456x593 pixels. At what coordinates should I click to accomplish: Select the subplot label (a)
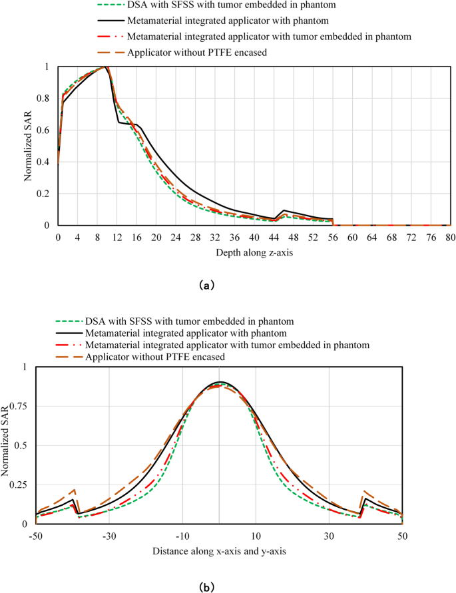[207, 284]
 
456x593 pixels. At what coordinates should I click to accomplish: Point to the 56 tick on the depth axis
[333, 238]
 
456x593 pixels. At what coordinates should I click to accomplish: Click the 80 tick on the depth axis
[450, 238]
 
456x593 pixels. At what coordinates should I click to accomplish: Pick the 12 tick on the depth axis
[117, 238]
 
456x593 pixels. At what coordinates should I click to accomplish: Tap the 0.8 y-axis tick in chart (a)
[46, 99]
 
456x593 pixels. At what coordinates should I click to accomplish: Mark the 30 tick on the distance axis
[329, 536]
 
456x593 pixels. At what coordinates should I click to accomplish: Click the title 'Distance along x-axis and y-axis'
[219, 551]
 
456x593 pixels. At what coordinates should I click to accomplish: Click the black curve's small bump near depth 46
[284, 210]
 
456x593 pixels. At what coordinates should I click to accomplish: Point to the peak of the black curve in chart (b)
[220, 382]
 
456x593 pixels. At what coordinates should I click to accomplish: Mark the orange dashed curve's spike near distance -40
[74, 489]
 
